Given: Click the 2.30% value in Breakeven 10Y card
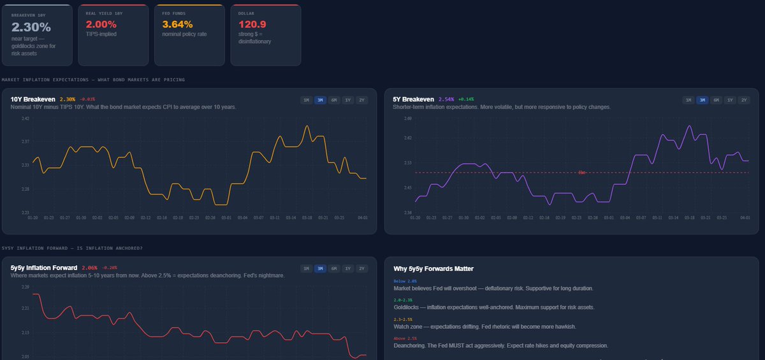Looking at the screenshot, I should [x=31, y=27].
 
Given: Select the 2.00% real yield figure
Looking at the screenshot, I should [x=101, y=24].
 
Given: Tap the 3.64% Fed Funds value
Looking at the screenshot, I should [x=177, y=24].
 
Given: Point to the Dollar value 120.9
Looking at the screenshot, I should [x=251, y=24].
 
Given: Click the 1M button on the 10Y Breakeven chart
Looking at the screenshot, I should [x=306, y=100].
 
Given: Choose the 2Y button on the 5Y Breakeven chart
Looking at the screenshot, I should [x=744, y=100].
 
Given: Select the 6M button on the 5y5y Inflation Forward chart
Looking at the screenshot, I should [x=334, y=268].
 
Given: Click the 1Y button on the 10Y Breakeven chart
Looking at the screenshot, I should [x=348, y=100].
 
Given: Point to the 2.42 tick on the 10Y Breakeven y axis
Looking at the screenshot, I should [x=25, y=119].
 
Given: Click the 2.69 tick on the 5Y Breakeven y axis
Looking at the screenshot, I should [x=407, y=119].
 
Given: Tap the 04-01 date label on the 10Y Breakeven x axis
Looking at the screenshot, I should [x=363, y=217].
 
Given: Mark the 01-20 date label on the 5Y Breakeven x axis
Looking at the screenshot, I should [x=415, y=217].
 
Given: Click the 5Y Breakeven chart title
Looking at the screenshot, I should [x=413, y=99].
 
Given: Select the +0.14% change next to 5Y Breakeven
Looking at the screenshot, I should [x=466, y=99].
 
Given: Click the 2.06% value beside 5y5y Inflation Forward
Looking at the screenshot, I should [x=89, y=268].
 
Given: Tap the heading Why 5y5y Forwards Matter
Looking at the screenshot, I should [x=433, y=268].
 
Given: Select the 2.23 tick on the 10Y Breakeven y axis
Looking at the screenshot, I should [x=25, y=212].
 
